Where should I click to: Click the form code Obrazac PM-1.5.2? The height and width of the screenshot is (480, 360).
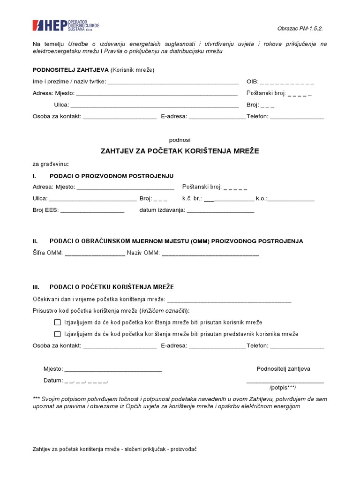(300, 28)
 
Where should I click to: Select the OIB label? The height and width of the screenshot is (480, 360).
(252, 82)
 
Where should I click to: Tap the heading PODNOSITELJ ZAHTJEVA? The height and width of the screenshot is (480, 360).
(70, 70)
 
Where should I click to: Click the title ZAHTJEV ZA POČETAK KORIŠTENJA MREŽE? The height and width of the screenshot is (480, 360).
(180, 151)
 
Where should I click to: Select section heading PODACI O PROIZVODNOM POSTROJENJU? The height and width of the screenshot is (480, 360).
(111, 176)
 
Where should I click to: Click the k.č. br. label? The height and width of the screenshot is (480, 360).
(192, 198)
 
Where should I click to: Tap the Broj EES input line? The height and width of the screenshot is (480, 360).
(92, 211)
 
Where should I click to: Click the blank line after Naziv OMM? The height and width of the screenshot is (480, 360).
(210, 254)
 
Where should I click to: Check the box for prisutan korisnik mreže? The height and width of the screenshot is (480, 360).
(58, 322)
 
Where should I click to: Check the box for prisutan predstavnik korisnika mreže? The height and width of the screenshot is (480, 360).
(58, 334)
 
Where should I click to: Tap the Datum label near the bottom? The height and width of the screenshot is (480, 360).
(53, 380)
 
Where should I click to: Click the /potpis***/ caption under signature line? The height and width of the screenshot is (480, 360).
(283, 389)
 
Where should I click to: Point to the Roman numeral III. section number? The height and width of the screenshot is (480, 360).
(36, 287)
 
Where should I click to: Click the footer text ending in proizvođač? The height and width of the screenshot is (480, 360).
(114, 449)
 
